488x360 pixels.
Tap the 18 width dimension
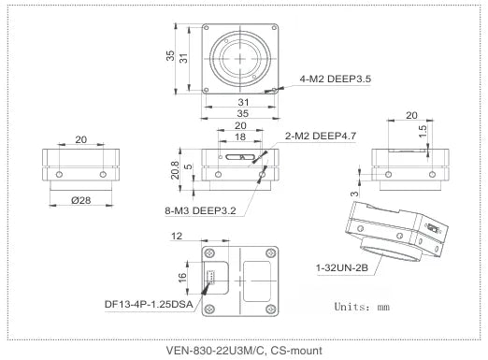241,137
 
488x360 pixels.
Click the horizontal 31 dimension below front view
241,101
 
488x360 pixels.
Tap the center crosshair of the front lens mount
241,56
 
